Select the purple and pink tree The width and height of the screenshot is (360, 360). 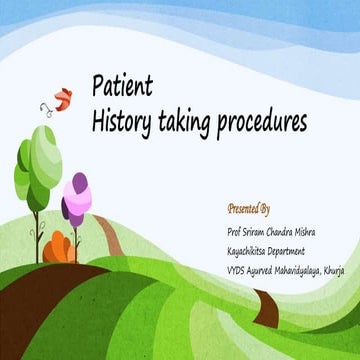tap(75, 198)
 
